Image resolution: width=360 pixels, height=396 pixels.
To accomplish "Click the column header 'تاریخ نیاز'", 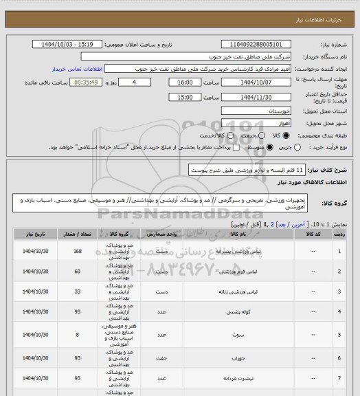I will [x=31, y=234].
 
